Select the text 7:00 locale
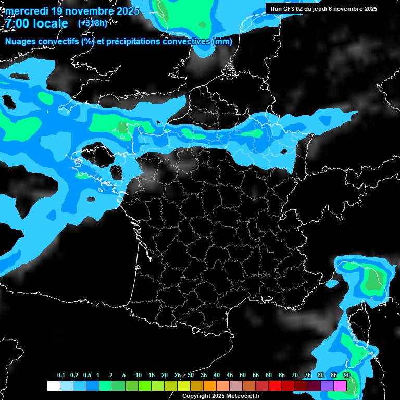click(x=36, y=24)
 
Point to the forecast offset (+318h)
click(x=92, y=23)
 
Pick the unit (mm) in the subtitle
click(x=222, y=42)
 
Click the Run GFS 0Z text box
click(x=324, y=9)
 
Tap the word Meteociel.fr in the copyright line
click(x=243, y=396)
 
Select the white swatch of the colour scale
click(x=54, y=385)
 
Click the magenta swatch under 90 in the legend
click(x=340, y=385)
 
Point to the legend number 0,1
click(x=61, y=376)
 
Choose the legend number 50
click(x=243, y=376)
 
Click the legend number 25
click(x=178, y=376)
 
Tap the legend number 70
click(x=295, y=376)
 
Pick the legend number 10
click(x=139, y=376)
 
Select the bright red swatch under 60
click(x=275, y=385)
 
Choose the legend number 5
click(x=124, y=376)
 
